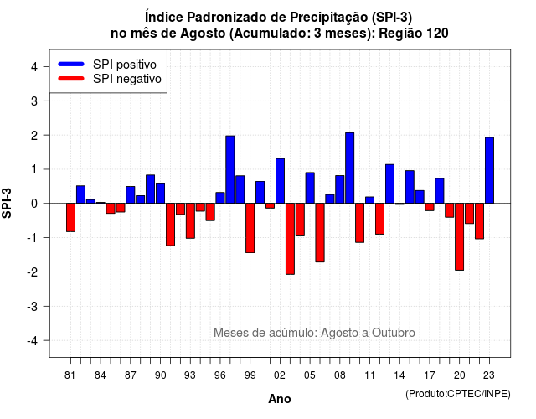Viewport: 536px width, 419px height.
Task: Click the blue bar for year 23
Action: pyautogui.click(x=489, y=170)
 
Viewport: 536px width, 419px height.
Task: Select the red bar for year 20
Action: pyautogui.click(x=460, y=236)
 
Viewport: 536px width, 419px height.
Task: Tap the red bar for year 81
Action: pyautogui.click(x=70, y=218)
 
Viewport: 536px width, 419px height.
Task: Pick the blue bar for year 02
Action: pyautogui.click(x=280, y=181)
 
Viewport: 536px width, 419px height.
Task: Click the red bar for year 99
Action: pyautogui.click(x=250, y=228)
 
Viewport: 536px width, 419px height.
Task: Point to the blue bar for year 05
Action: pyautogui.click(x=310, y=188)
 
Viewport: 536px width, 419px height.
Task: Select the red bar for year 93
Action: pyautogui.click(x=190, y=221)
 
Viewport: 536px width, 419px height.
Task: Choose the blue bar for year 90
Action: pyautogui.click(x=160, y=194)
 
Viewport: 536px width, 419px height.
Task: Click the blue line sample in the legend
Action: pyautogui.click(x=71, y=64)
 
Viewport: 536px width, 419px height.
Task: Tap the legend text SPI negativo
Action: pyautogui.click(x=127, y=79)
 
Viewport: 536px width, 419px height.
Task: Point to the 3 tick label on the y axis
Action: pyautogui.click(x=34, y=101)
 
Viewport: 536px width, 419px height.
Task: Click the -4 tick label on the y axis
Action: pyautogui.click(x=33, y=341)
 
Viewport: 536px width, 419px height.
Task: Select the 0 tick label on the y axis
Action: pyautogui.click(x=34, y=204)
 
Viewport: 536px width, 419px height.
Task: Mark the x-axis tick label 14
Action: pyautogui.click(x=399, y=375)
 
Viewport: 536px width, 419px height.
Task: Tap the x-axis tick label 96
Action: pyautogui.click(x=220, y=375)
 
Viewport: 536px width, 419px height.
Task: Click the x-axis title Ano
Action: pyautogui.click(x=280, y=399)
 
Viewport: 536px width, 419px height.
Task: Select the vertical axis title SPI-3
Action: pyautogui.click(x=7, y=203)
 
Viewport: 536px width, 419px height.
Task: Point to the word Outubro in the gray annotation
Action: pyautogui.click(x=394, y=333)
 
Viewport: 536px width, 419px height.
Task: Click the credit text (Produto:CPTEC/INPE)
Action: pyautogui.click(x=458, y=394)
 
